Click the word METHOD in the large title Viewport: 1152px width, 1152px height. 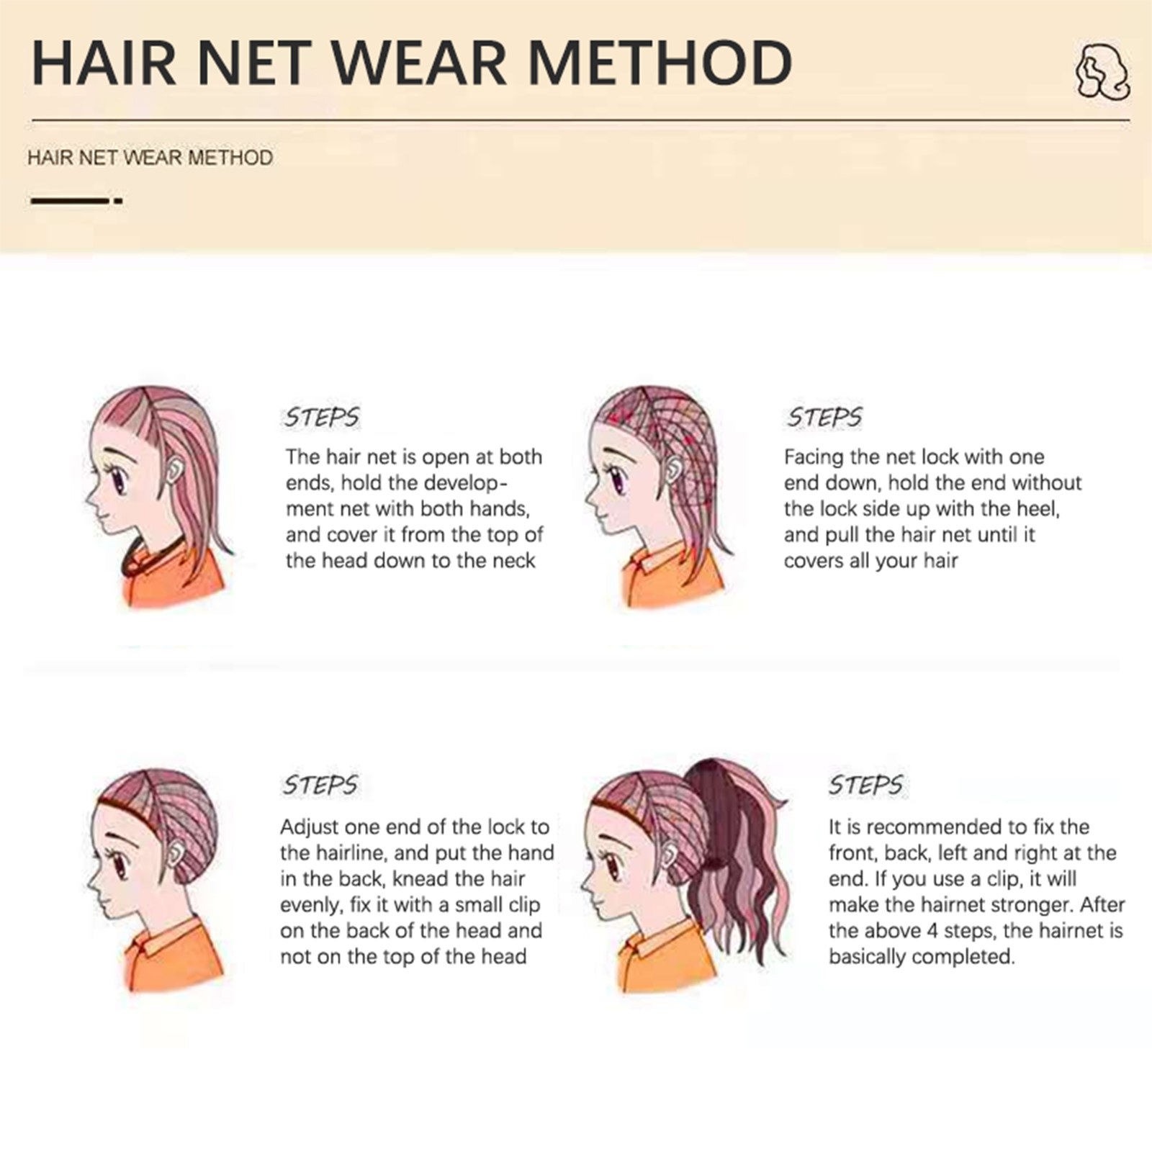(x=660, y=63)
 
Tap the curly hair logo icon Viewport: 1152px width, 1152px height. (x=1102, y=71)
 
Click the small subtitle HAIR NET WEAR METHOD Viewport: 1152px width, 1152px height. (x=150, y=158)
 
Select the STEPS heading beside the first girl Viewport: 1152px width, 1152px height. (x=321, y=418)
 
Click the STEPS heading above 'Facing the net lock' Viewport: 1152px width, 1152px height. (x=824, y=418)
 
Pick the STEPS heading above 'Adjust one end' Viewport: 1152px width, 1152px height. (x=320, y=785)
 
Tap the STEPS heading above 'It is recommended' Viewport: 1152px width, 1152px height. (x=865, y=785)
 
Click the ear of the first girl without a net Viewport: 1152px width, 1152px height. (x=174, y=472)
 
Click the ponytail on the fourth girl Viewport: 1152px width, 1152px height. (x=731, y=857)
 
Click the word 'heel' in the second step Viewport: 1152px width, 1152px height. (x=1037, y=509)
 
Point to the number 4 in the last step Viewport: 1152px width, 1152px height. (x=933, y=931)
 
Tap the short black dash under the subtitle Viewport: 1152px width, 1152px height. (x=118, y=201)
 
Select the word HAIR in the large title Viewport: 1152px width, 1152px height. (x=104, y=63)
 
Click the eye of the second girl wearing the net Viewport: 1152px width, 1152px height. (x=616, y=479)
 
